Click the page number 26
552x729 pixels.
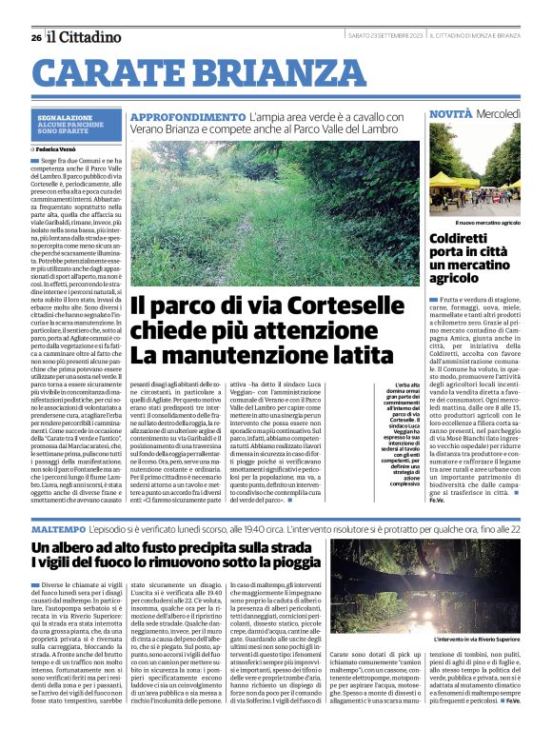pos(35,37)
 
